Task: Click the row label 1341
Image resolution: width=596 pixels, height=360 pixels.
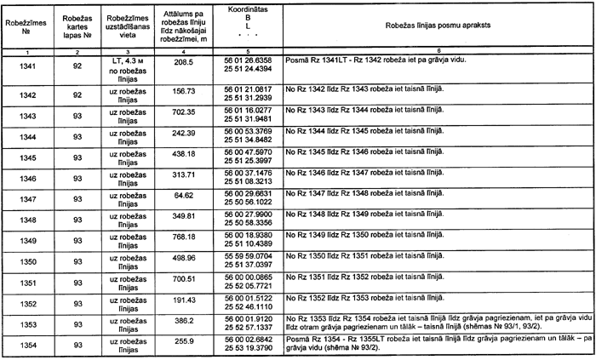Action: (26, 65)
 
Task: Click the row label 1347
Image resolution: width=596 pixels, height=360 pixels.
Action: (26, 198)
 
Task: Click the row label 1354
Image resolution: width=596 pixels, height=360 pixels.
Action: (26, 345)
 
